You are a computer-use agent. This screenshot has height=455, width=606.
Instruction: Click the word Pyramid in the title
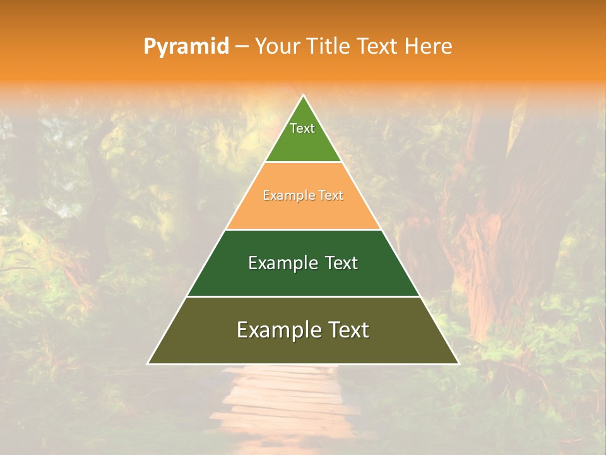[186, 47]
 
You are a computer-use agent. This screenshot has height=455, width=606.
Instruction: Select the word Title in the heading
[329, 47]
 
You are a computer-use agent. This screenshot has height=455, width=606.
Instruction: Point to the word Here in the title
[429, 47]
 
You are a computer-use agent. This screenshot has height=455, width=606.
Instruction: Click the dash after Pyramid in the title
[242, 47]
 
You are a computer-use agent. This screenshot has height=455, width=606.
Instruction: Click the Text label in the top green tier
[302, 128]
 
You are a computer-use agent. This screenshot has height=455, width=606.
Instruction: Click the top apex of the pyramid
[303, 96]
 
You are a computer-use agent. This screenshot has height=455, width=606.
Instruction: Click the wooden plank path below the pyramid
[284, 404]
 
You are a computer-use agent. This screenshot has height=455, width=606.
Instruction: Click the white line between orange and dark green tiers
[303, 229]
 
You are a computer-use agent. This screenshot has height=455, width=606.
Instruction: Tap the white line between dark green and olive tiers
[303, 296]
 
